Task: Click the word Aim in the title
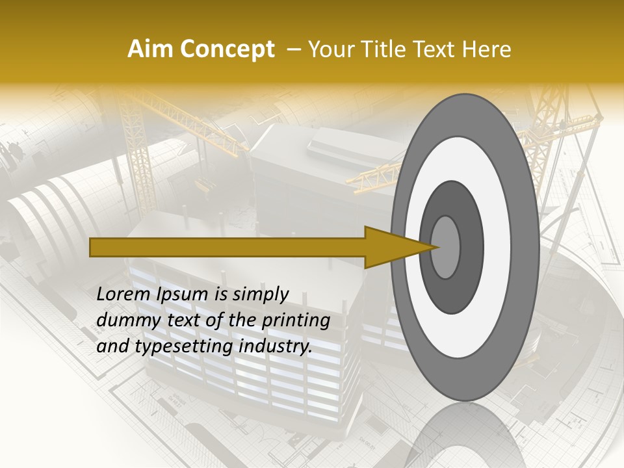tap(151, 49)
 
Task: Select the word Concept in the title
tap(227, 49)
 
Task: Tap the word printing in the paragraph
tap(296, 321)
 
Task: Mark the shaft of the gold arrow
tap(227, 247)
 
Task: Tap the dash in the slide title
tap(293, 49)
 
